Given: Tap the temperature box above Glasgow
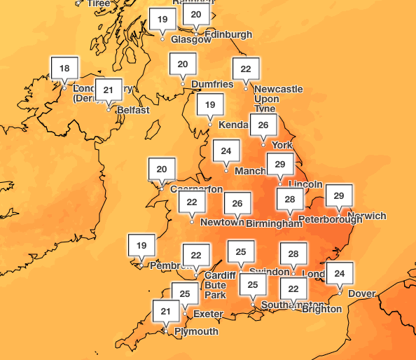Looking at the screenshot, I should click(x=162, y=20).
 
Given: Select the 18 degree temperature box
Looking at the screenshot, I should click(x=64, y=69).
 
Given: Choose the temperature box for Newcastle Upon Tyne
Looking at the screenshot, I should click(x=246, y=69).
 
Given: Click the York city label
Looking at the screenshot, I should click(x=282, y=145).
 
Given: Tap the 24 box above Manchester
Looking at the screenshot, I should click(x=226, y=151).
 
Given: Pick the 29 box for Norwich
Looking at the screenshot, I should click(x=339, y=195).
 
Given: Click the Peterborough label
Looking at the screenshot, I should click(x=330, y=219).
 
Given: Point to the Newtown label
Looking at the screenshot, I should click(x=221, y=223).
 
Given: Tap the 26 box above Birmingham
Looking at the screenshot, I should click(x=237, y=204).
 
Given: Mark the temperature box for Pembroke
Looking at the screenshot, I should click(x=141, y=246).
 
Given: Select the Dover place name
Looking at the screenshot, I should click(x=362, y=293).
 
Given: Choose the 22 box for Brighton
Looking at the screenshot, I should click(x=293, y=289).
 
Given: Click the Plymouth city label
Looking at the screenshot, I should click(x=196, y=331).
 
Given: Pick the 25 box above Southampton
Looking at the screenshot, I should click(x=253, y=285).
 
